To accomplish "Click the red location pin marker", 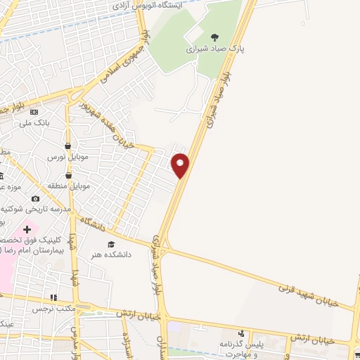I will click(x=181, y=165).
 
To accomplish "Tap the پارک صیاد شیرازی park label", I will click(x=213, y=49).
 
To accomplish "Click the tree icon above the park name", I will click(x=214, y=37).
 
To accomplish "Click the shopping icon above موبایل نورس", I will click(x=68, y=146).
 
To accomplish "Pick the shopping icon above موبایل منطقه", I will click(x=68, y=175).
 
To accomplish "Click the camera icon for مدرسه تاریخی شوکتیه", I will click(x=34, y=199).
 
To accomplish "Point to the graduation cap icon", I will click(x=110, y=244).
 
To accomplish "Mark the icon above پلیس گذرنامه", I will click(x=241, y=332).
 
